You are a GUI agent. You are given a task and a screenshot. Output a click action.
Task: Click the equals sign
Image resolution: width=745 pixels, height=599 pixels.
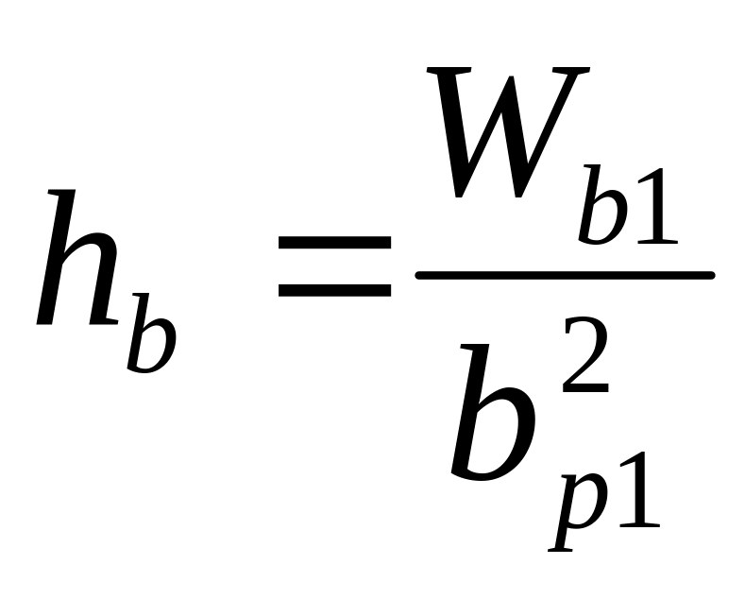coord(334,265)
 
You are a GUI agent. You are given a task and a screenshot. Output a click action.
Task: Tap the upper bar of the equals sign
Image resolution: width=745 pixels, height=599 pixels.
coord(334,243)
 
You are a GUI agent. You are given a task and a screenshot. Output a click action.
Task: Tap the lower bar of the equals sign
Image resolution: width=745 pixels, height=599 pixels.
coord(334,288)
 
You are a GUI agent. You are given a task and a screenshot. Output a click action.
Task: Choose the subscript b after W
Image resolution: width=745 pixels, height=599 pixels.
coord(604,210)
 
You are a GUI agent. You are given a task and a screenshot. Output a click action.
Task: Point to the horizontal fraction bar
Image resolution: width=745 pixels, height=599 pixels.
coord(565,275)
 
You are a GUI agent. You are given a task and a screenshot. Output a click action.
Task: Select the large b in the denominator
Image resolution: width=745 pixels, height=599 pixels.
coord(491,416)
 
